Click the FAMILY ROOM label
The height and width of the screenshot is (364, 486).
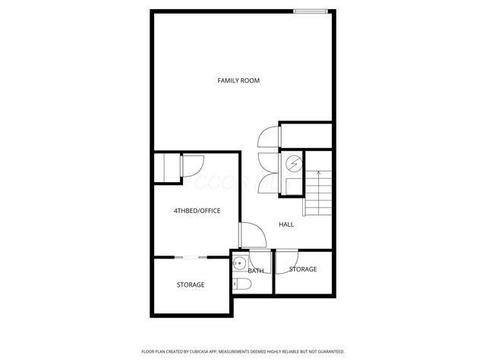click(x=238, y=80)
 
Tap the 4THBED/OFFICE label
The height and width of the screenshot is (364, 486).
click(x=197, y=210)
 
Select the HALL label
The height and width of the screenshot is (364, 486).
click(x=286, y=224)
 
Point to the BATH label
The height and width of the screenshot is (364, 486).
click(x=256, y=271)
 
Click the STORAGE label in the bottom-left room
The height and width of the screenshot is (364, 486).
click(x=191, y=284)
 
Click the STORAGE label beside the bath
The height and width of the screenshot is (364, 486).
click(x=303, y=269)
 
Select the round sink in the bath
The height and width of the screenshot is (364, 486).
click(x=238, y=265)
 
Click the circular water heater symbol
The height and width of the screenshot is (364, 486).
click(x=293, y=163)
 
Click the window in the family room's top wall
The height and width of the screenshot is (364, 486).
click(x=312, y=11)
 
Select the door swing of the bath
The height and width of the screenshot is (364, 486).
click(x=257, y=260)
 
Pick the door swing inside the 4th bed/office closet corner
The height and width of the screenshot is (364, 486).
click(x=191, y=165)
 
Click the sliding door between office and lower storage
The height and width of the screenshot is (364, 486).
click(x=191, y=258)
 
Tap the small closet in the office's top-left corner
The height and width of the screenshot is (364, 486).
click(x=167, y=167)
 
